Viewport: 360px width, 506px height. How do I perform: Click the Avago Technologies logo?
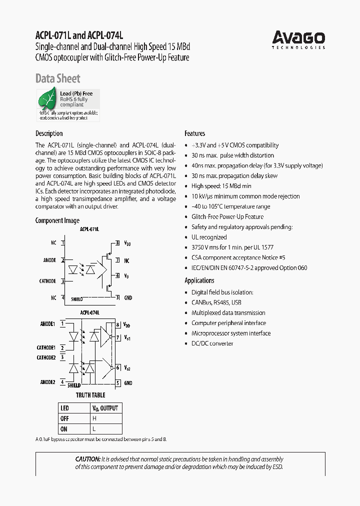(x=298, y=39)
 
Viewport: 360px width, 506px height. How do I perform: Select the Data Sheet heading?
(x=57, y=78)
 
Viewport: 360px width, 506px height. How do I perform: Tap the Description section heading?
(x=49, y=133)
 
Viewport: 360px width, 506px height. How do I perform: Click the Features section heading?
(x=195, y=133)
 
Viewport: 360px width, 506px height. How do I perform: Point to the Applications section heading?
(x=199, y=280)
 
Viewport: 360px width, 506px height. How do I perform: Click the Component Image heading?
(x=57, y=220)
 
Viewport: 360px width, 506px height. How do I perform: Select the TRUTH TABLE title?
(x=90, y=395)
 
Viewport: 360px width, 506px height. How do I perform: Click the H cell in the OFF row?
(x=94, y=418)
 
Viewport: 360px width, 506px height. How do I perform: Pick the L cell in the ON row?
(x=94, y=429)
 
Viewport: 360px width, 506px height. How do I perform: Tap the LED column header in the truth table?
(x=65, y=408)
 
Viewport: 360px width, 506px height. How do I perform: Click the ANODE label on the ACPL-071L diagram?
(x=49, y=260)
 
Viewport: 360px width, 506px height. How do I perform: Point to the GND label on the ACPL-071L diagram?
(x=128, y=298)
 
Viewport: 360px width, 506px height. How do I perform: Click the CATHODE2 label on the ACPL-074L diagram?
(x=46, y=358)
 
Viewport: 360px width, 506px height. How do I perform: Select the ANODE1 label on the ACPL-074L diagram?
(x=47, y=323)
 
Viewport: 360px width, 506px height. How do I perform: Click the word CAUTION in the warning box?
(x=87, y=459)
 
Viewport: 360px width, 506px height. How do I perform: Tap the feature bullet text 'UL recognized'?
(x=209, y=237)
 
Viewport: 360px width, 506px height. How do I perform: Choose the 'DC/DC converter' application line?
(x=212, y=343)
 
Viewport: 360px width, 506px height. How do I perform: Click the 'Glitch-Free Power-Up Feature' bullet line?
(x=227, y=216)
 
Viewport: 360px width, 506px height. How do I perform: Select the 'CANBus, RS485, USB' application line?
(x=216, y=302)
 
